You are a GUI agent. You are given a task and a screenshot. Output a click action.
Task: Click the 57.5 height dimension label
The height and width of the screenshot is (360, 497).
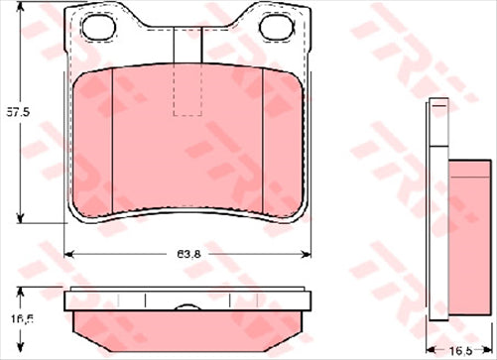[12, 111]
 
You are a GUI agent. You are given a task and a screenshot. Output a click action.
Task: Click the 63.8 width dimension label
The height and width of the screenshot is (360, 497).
[186, 253]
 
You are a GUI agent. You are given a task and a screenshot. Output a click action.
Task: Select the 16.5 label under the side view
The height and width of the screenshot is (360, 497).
[457, 350]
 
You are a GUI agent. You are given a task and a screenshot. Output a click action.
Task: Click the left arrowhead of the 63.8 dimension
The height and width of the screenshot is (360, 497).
[68, 254]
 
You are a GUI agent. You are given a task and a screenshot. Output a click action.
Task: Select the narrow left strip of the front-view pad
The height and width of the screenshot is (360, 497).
[95, 139]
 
